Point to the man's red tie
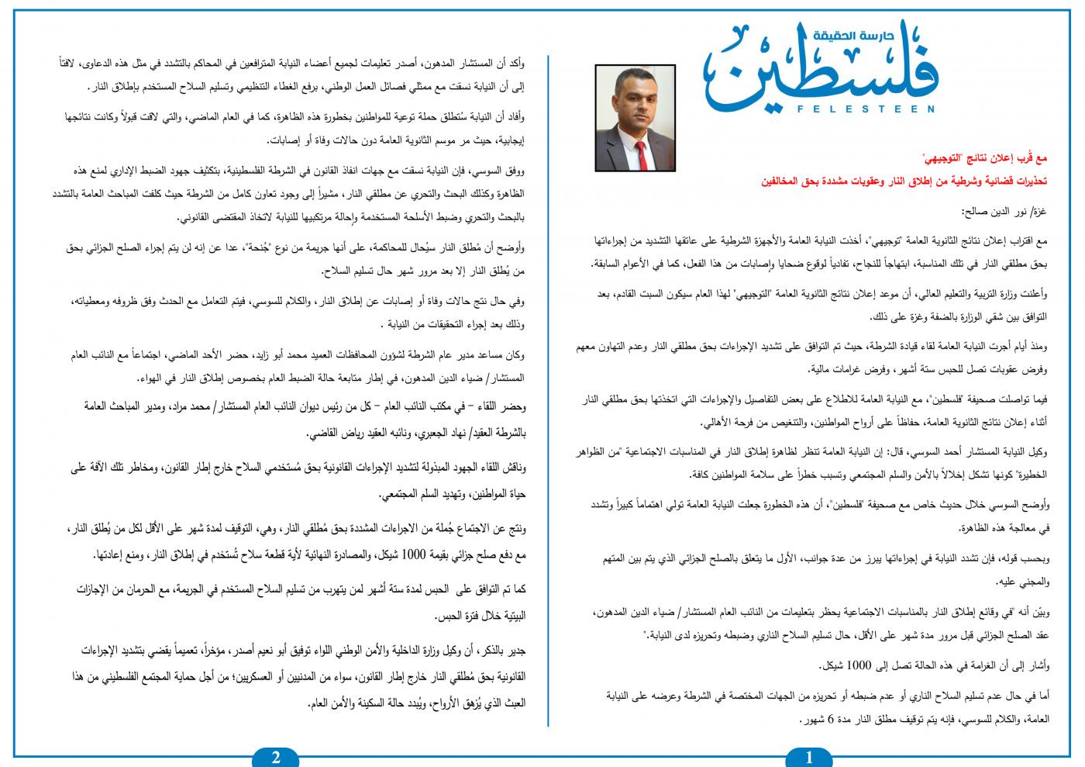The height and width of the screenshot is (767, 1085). pos(635,135)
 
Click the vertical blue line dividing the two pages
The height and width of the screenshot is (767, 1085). pos(549,388)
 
